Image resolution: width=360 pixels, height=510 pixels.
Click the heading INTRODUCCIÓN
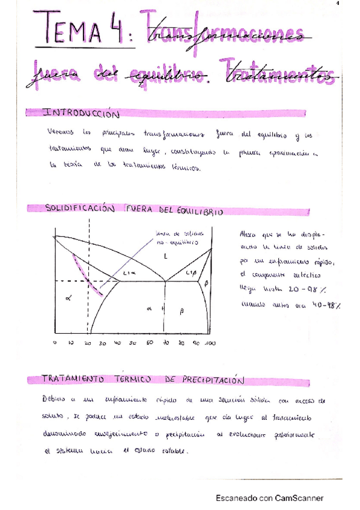coord(81,113)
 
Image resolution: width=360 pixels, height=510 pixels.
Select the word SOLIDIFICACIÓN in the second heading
coord(80,209)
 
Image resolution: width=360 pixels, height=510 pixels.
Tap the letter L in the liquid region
coord(165,256)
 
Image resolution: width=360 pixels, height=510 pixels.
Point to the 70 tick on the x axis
coord(163,343)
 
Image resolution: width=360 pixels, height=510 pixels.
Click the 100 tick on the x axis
coord(210,343)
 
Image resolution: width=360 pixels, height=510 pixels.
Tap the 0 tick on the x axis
coord(55,343)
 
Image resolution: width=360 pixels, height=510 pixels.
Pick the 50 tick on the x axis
coord(133,343)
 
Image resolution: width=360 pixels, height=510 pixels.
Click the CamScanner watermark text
coord(270,498)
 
